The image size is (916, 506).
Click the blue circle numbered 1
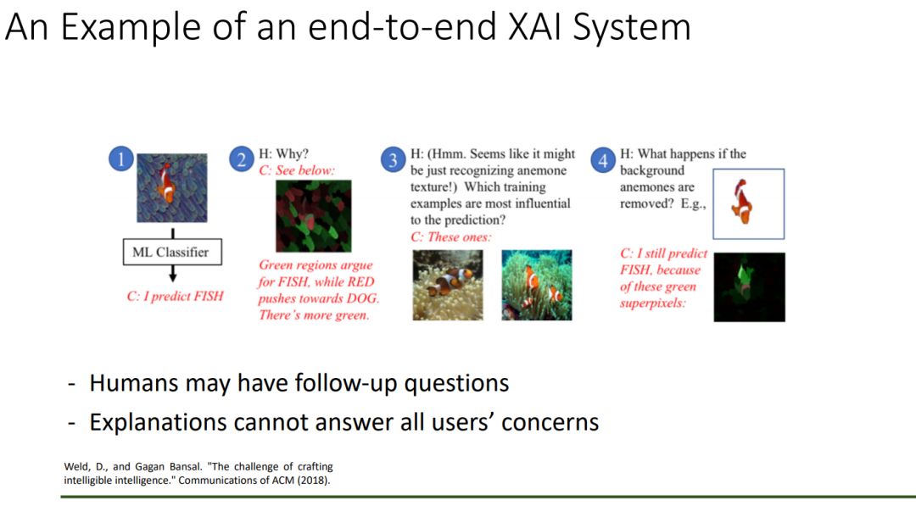(121, 158)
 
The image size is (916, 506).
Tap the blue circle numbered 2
(241, 159)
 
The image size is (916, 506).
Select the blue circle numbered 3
(394, 160)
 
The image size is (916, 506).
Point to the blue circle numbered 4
(603, 160)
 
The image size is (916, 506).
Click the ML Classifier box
(172, 252)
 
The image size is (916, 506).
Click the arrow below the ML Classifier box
(173, 274)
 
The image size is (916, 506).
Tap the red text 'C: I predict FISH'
(176, 296)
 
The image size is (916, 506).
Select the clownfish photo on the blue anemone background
(171, 188)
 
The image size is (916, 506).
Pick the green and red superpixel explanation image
(314, 216)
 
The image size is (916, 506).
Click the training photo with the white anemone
(448, 285)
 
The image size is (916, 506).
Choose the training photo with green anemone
(537, 285)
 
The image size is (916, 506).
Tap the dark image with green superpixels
(750, 287)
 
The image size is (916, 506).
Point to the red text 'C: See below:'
(297, 170)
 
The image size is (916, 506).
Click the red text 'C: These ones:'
(451, 237)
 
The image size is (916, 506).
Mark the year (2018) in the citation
(316, 481)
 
